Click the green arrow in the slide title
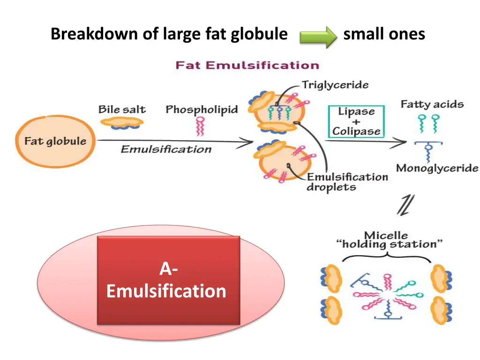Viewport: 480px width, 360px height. [318, 36]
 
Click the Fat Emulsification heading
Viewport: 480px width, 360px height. [247, 65]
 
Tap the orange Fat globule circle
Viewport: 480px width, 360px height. [55, 141]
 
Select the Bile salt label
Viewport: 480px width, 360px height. [122, 110]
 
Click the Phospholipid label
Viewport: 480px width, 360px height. [202, 110]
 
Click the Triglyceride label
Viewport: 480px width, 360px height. [335, 85]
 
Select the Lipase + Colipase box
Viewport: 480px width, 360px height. [356, 121]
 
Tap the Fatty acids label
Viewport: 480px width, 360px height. [432, 105]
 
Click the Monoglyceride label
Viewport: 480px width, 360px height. [437, 168]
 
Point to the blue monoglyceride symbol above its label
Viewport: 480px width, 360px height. [428, 150]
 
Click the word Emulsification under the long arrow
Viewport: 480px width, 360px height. [166, 150]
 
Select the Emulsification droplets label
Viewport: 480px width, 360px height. [347, 182]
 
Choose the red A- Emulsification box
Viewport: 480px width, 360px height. [168, 280]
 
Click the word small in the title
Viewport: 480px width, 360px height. [363, 34]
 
